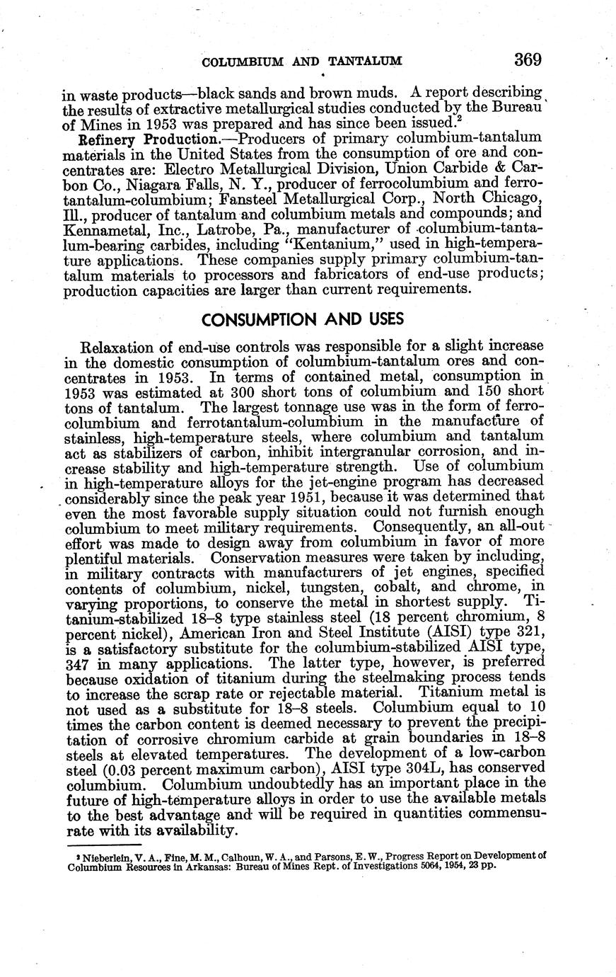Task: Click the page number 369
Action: [528, 60]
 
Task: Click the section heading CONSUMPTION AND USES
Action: [303, 320]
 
